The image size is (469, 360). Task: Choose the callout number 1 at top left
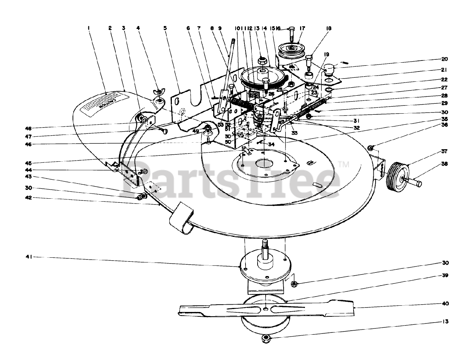pyautogui.click(x=89, y=27)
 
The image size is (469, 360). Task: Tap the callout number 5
pyautogui.click(x=165, y=27)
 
